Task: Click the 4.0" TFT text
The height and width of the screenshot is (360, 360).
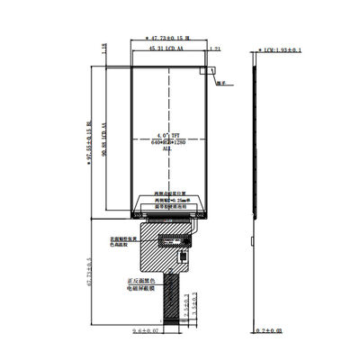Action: (167, 132)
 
